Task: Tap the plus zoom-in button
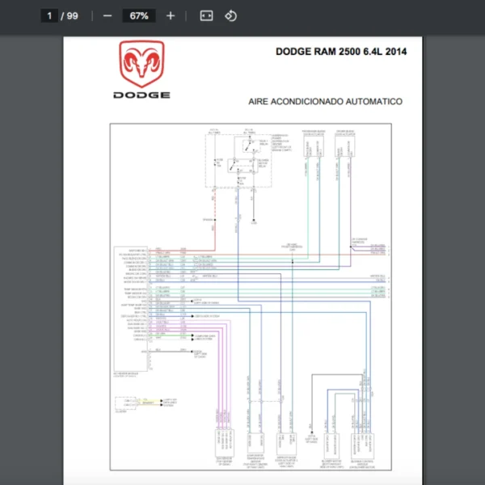coord(170,15)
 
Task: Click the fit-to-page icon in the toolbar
coord(206,15)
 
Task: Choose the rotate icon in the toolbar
coord(230,15)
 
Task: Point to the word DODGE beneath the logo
coord(141,95)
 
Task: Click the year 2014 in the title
coord(395,52)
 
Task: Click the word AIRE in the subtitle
coord(260,102)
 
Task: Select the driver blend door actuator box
coord(346,146)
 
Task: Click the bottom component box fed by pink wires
coord(221,444)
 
